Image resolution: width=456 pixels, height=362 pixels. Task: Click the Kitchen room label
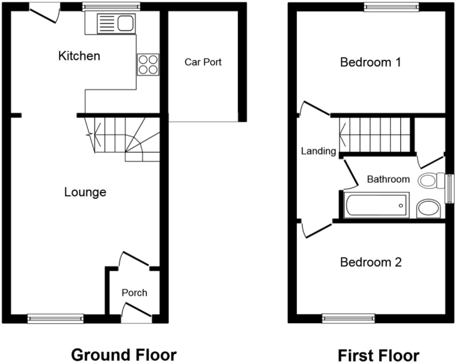point(79,56)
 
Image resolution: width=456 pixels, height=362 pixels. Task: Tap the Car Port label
point(203,62)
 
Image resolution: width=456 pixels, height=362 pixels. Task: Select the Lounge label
point(85,192)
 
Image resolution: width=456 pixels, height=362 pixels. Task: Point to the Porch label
point(134,293)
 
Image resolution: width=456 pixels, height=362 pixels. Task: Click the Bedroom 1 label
point(371,63)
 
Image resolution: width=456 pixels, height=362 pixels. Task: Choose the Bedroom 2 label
point(371,262)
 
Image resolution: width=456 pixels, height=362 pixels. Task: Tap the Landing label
point(318,151)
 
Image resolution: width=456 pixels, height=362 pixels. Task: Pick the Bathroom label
point(388,180)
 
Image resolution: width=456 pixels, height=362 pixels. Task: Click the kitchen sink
point(116,23)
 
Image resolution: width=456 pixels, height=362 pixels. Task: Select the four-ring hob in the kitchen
point(148,64)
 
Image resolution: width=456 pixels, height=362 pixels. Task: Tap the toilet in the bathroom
point(431,181)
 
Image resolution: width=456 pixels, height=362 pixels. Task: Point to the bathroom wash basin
point(428,209)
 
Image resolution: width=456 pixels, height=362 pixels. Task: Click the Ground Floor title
point(124,354)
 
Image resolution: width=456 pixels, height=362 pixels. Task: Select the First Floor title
point(378,355)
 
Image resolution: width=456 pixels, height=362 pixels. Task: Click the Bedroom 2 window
point(349,318)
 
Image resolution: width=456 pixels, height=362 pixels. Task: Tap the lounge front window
point(55,318)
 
